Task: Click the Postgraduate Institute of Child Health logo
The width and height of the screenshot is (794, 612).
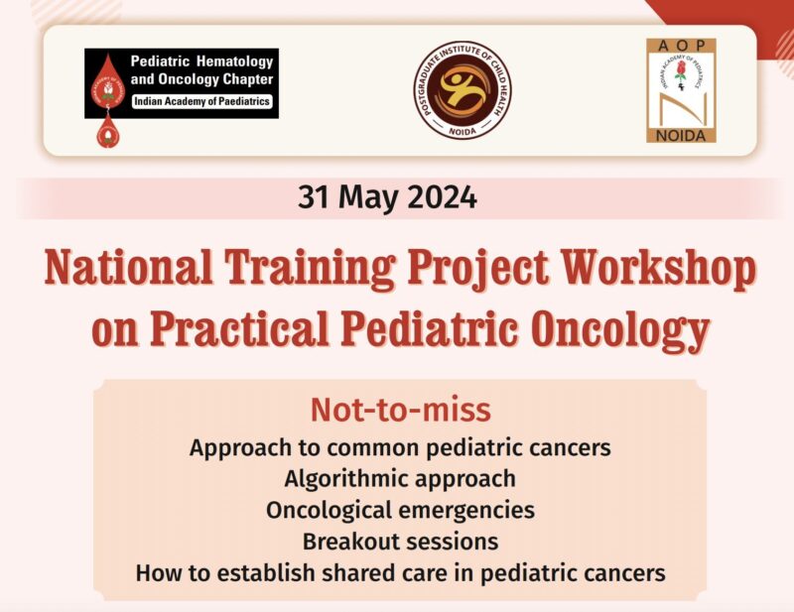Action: coord(463,90)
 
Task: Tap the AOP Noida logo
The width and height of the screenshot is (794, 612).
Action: coord(681,90)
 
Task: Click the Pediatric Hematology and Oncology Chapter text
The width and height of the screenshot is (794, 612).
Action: coord(203,71)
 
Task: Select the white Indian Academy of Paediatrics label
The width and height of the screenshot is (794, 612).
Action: coord(203,101)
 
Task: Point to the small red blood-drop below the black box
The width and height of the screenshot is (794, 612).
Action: coord(105,131)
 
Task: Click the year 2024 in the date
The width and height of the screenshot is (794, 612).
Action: coord(437,197)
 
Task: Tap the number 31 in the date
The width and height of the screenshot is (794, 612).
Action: coord(316,197)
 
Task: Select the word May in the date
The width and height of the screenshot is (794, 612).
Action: coord(365,197)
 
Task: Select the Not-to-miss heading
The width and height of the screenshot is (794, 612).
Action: coord(400,411)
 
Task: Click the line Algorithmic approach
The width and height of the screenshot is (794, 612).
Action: coord(400,478)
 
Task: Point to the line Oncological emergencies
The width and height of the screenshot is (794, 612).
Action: coord(400,510)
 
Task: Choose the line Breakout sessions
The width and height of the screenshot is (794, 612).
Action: coord(400,542)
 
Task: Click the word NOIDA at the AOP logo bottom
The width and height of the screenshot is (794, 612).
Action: coord(681,134)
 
